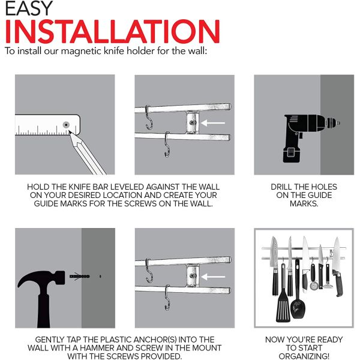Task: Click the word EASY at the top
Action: coord(29,8)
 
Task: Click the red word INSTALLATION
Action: coord(112,32)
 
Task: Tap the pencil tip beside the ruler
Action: coord(70,131)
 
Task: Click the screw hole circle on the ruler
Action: coord(66,125)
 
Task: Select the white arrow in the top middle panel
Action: coord(213,123)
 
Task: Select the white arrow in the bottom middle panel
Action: coord(213,277)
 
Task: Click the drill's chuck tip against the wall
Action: coord(338,123)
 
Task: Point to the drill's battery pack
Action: coord(292,154)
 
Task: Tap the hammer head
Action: coord(41,278)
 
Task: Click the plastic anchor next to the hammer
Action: coord(79,276)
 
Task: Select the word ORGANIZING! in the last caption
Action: coord(304,356)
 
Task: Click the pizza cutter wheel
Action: coord(313,286)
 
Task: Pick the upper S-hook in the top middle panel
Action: coord(149,118)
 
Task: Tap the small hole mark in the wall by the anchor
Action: coord(100,276)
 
